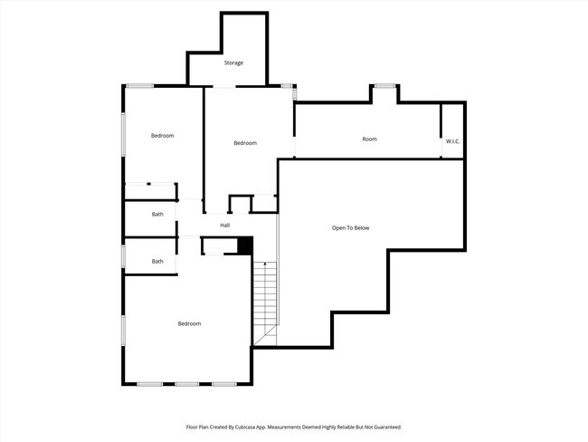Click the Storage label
click(233, 62)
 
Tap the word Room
click(369, 139)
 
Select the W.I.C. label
click(453, 140)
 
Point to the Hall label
click(224, 225)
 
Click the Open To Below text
click(351, 227)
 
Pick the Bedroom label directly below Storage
click(245, 143)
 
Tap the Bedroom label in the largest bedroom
click(189, 323)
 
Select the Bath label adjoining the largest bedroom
click(157, 261)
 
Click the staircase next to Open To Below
click(264, 299)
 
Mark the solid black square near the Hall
click(243, 245)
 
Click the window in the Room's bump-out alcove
click(385, 86)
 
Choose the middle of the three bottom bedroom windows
click(187, 384)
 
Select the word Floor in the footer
click(192, 427)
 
